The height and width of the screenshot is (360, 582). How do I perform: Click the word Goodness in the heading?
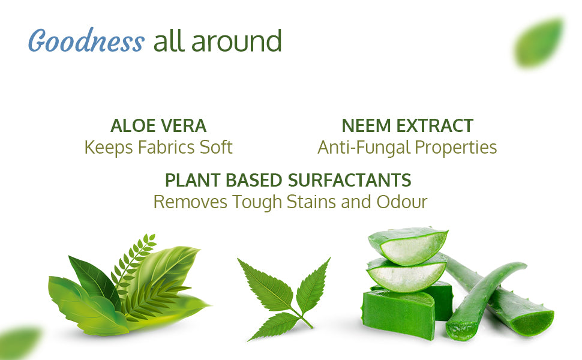click(x=86, y=41)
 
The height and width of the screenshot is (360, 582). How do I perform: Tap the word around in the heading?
click(x=236, y=41)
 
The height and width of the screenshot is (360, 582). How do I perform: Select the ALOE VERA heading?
click(x=158, y=126)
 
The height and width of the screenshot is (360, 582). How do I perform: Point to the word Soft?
click(x=216, y=148)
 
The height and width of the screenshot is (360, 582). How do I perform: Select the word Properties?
click(x=456, y=148)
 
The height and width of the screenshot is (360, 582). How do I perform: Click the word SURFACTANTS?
click(x=350, y=181)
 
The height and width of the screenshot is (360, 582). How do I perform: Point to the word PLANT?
click(x=193, y=181)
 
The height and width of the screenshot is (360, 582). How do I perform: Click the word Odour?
click(x=402, y=202)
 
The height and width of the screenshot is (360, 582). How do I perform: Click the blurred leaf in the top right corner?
click(x=539, y=43)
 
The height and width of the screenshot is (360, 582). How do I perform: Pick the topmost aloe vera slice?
click(x=408, y=245)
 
